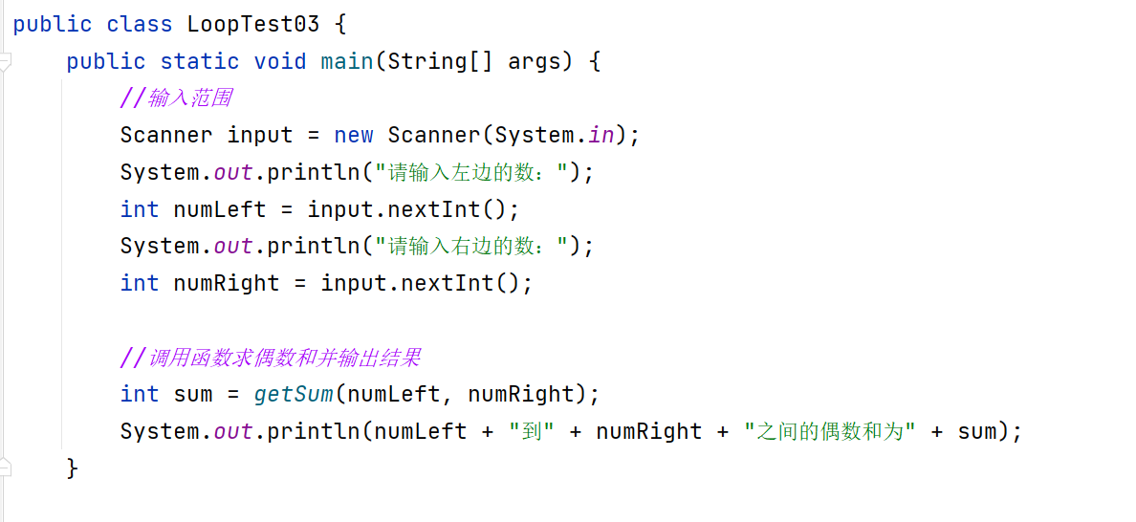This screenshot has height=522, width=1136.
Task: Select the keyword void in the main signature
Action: point(280,61)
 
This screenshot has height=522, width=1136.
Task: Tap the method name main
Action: point(346,61)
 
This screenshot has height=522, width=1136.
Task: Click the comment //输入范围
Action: point(176,98)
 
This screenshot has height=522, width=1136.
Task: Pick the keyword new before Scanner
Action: point(354,135)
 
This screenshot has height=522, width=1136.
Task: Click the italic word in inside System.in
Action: point(601,135)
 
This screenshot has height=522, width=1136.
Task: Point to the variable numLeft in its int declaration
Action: point(220,209)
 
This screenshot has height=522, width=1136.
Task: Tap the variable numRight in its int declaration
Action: point(227,283)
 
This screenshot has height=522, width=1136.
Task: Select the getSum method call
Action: point(294,394)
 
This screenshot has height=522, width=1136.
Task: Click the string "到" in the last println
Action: point(532,431)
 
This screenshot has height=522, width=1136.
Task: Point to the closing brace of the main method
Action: point(72,468)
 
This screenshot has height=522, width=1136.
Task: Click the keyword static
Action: point(200,61)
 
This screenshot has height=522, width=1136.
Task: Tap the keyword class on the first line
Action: point(140,24)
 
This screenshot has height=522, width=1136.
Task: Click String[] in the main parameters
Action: point(441,61)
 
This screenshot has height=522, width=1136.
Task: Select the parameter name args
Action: point(534,61)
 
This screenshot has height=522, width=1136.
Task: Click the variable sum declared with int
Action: point(193,394)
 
